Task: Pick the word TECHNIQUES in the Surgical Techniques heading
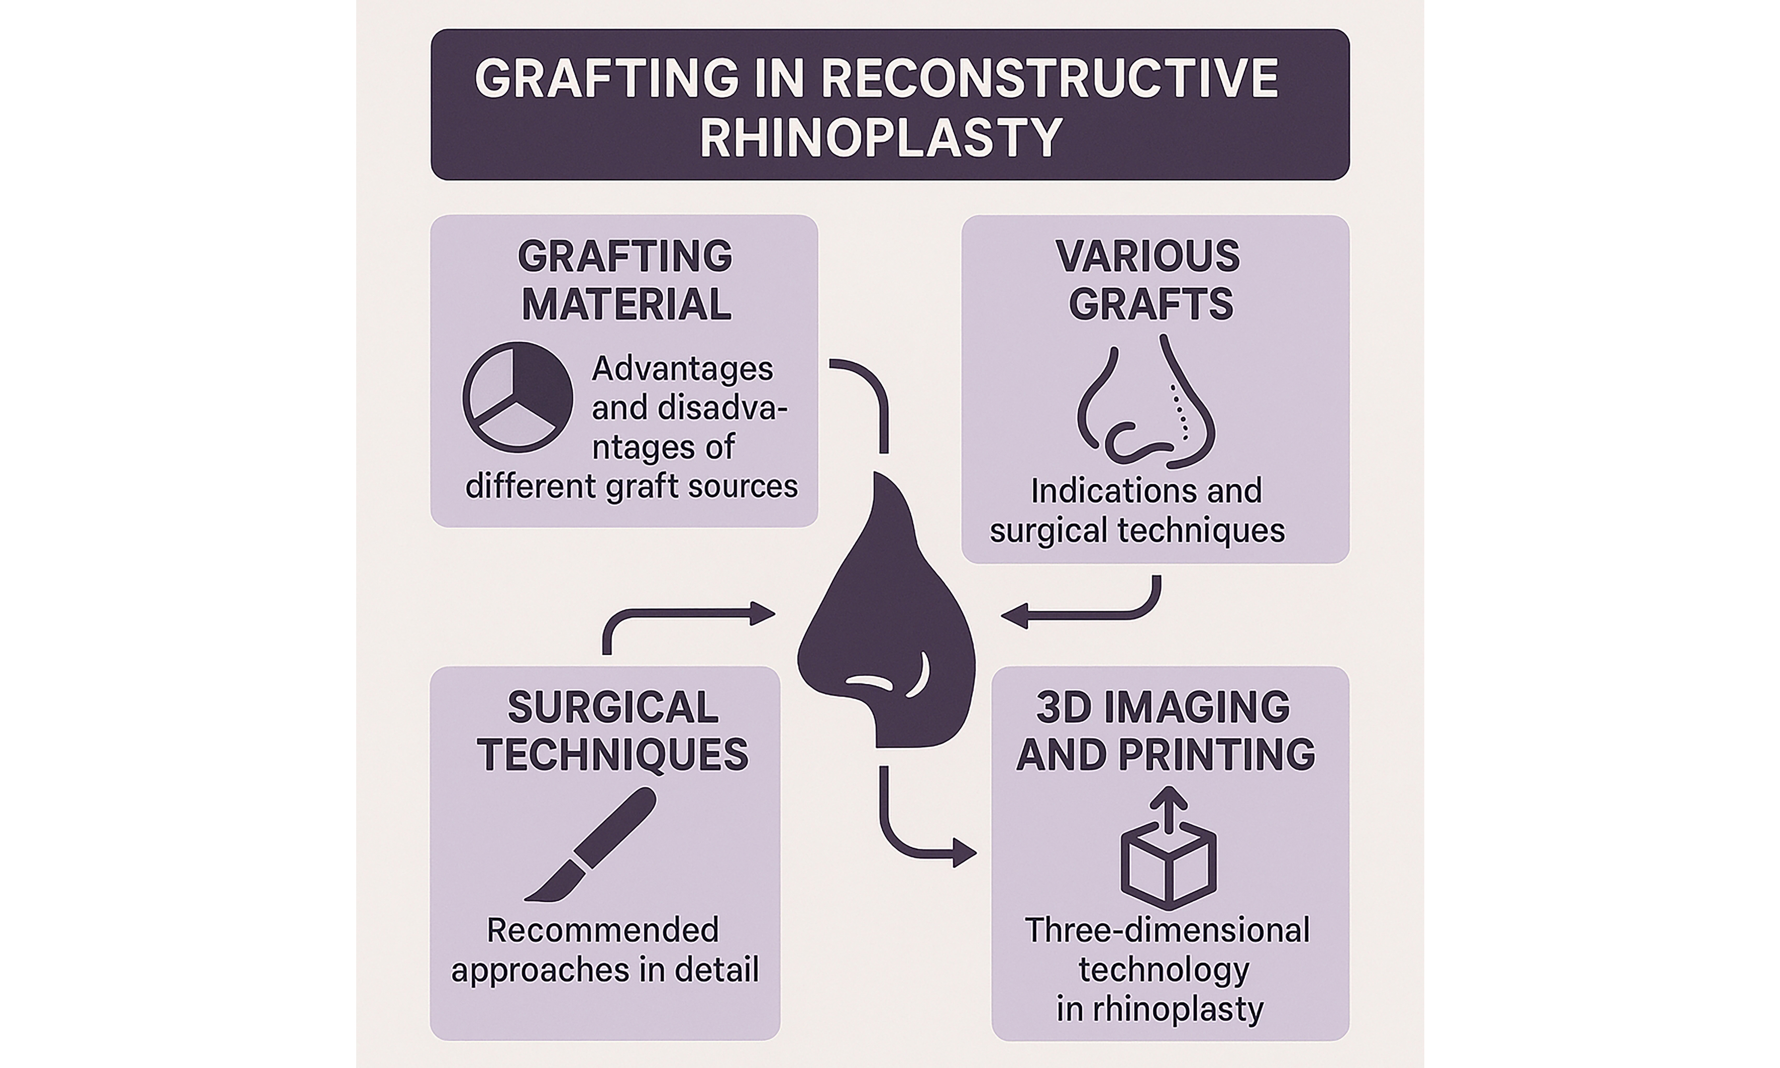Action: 612,755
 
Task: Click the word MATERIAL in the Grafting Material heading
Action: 626,304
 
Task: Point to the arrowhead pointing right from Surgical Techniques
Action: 763,613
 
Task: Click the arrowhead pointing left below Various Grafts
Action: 1013,616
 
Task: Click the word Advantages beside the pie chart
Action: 682,369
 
